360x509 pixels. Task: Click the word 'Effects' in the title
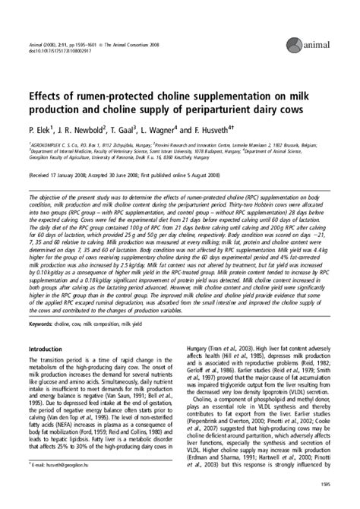click(x=46, y=98)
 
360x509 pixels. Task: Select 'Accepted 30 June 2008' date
click(x=127, y=173)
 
